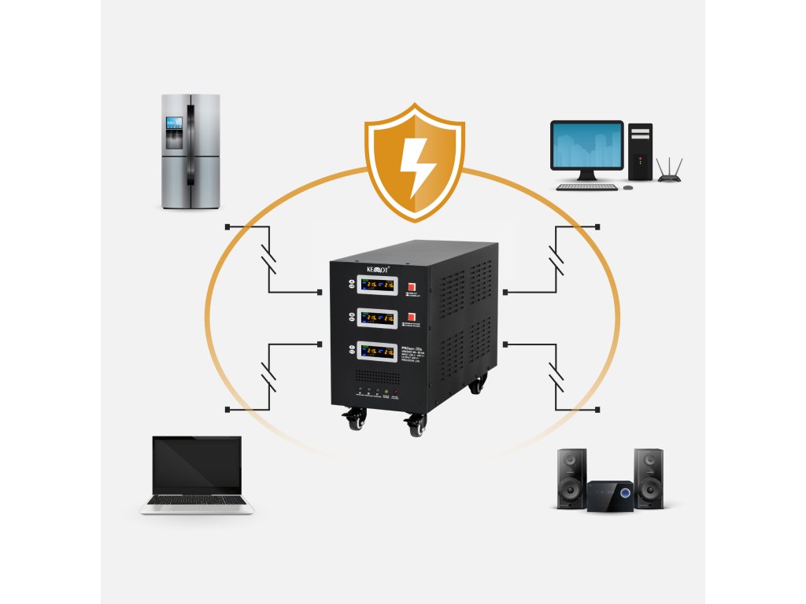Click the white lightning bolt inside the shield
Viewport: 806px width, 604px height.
pos(413,163)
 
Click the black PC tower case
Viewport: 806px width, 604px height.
pos(640,151)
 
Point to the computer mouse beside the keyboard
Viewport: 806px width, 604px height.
pos(628,187)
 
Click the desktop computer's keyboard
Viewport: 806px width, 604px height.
pos(587,187)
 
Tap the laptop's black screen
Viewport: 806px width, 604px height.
pos(197,465)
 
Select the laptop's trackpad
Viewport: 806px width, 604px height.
pos(197,507)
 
